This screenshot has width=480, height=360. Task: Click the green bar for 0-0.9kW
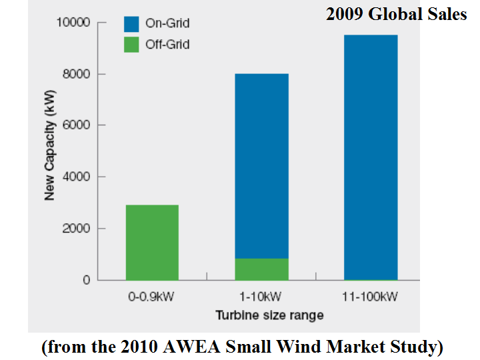click(152, 243)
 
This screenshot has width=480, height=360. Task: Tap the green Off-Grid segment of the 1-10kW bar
click(261, 269)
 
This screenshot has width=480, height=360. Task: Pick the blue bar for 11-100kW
click(371, 157)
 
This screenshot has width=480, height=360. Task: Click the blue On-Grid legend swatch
click(131, 24)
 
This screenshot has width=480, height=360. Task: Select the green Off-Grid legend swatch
click(131, 45)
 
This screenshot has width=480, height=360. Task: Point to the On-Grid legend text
click(167, 24)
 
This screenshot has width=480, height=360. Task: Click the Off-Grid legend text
click(167, 45)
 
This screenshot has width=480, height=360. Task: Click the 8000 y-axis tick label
click(75, 74)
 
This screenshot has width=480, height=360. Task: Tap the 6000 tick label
click(75, 125)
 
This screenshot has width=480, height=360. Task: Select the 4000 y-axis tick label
click(75, 177)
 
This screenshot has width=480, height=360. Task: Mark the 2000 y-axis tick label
click(75, 229)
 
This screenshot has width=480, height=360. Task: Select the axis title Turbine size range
click(261, 315)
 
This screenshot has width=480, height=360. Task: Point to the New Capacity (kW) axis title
click(50, 151)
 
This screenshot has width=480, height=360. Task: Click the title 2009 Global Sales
click(396, 14)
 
